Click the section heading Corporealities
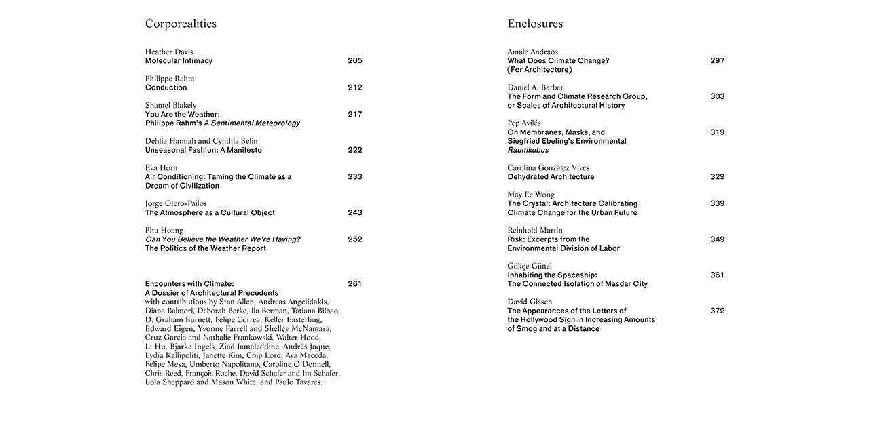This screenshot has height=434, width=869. pyautogui.click(x=181, y=24)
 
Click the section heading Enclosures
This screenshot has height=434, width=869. pyautogui.click(x=535, y=24)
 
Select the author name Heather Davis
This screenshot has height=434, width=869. pyautogui.click(x=169, y=52)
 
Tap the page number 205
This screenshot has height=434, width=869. pyautogui.click(x=354, y=60)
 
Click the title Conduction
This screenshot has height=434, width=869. pyautogui.click(x=166, y=87)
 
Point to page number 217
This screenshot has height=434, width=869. pyautogui.click(x=354, y=114)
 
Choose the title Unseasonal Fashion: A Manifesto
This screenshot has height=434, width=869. pyautogui.click(x=203, y=150)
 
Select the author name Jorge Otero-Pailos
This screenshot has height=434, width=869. pyautogui.click(x=176, y=203)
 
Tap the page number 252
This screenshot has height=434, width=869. pyautogui.click(x=354, y=239)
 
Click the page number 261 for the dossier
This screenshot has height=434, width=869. pyautogui.click(x=354, y=283)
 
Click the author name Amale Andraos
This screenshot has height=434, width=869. pyautogui.click(x=532, y=52)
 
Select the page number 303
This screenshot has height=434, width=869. pyautogui.click(x=717, y=96)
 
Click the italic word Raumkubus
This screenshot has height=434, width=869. pyautogui.click(x=528, y=150)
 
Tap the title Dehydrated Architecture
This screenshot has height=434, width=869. pyautogui.click(x=551, y=176)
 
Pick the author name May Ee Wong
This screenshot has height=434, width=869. pyautogui.click(x=531, y=195)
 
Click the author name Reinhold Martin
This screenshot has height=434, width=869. pyautogui.click(x=534, y=231)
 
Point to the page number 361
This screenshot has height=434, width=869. pyautogui.click(x=717, y=275)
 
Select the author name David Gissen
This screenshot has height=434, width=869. pyautogui.click(x=530, y=302)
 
